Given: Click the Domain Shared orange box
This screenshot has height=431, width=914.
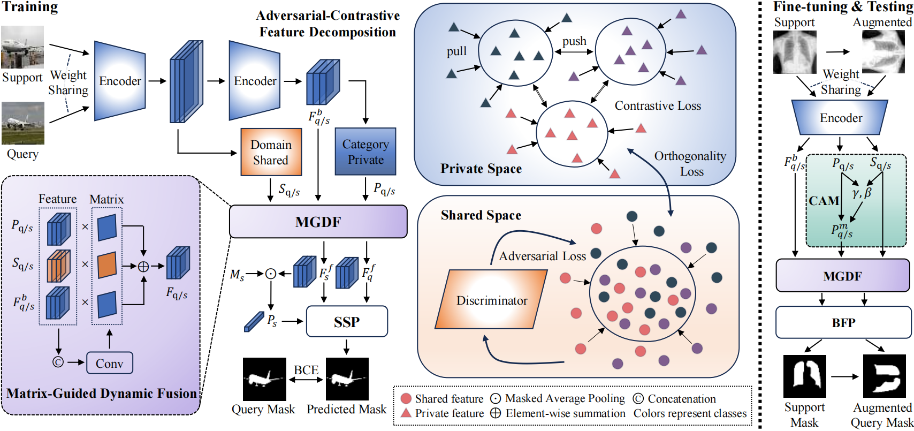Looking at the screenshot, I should (271, 152).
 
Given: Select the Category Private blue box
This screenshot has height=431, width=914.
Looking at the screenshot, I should (365, 152).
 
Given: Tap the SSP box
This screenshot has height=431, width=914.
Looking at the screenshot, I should (347, 322).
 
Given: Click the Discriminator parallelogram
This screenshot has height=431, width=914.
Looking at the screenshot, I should (492, 300).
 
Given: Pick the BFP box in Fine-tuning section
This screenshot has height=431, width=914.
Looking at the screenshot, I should (843, 322).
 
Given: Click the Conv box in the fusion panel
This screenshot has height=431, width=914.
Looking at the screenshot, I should (109, 363).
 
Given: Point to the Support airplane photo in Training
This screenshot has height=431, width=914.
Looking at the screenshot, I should (22, 47).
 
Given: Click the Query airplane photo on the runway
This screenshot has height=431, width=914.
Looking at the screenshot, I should (22, 123).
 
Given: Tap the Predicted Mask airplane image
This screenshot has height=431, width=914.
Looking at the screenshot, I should (347, 379).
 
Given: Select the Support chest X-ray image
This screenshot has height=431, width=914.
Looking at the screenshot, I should (795, 52).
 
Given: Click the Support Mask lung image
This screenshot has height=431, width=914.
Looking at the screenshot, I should (804, 376).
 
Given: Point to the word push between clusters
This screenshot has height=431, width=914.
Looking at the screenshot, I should (574, 41).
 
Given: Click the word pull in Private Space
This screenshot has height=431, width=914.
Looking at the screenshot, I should (456, 51).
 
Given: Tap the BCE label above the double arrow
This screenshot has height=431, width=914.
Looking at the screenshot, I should (306, 370).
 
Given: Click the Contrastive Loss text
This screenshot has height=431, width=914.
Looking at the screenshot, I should (658, 105).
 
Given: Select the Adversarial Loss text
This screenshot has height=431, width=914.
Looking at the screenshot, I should (542, 256).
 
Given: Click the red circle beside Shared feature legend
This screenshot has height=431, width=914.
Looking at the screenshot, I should (406, 399).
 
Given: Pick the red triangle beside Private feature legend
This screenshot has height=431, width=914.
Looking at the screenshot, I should (406, 413).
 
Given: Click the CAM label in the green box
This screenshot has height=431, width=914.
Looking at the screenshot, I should (824, 201).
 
